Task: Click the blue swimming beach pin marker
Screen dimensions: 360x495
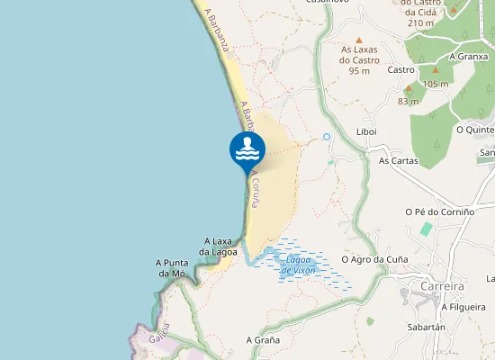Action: pos(247,151)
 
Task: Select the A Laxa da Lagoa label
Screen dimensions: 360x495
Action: pos(219,247)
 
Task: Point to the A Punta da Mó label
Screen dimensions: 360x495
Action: pos(171,267)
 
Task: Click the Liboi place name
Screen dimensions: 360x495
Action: pos(366,131)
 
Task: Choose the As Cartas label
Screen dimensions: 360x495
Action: pos(399,161)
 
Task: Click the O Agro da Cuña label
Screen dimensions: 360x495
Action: pos(374,259)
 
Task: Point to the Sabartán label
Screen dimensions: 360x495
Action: pos(426,328)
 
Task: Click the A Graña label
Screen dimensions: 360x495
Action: pos(263,340)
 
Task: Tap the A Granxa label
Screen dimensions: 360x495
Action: pos(465,55)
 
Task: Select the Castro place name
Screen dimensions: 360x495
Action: pos(400,69)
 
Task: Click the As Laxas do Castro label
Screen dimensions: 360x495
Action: pos(359,60)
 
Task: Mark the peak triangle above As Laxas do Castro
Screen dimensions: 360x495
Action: pos(359,40)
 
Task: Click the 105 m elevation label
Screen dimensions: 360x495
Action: pos(436,84)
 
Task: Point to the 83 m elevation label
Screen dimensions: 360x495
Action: pos(408,102)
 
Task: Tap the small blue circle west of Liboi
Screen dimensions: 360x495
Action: pos(327,137)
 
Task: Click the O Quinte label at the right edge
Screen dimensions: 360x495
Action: pos(475,129)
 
